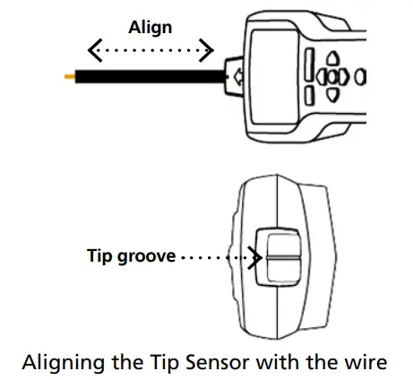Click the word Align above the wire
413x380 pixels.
[x=150, y=28]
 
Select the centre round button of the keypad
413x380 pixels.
[x=332, y=77]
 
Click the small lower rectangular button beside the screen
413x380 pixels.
[x=309, y=94]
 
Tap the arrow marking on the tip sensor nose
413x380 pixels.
[x=237, y=78]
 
